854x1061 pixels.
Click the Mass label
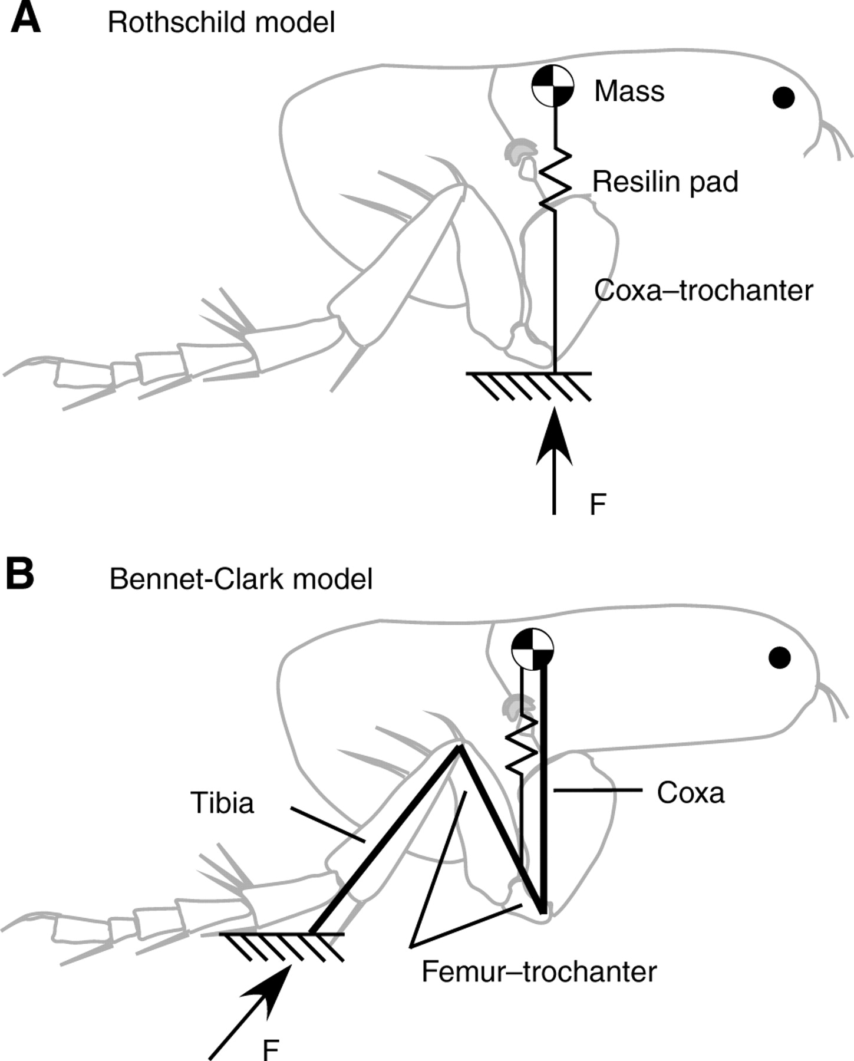629,91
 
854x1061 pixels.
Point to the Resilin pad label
665,182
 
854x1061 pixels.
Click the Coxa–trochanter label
703,291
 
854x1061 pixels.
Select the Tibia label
222,803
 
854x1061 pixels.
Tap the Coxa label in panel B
690,793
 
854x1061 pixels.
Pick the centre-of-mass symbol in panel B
532,648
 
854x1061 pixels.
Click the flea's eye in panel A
783,97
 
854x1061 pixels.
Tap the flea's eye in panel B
780,657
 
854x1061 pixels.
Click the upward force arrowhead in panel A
554,436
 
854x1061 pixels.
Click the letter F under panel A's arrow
598,505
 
